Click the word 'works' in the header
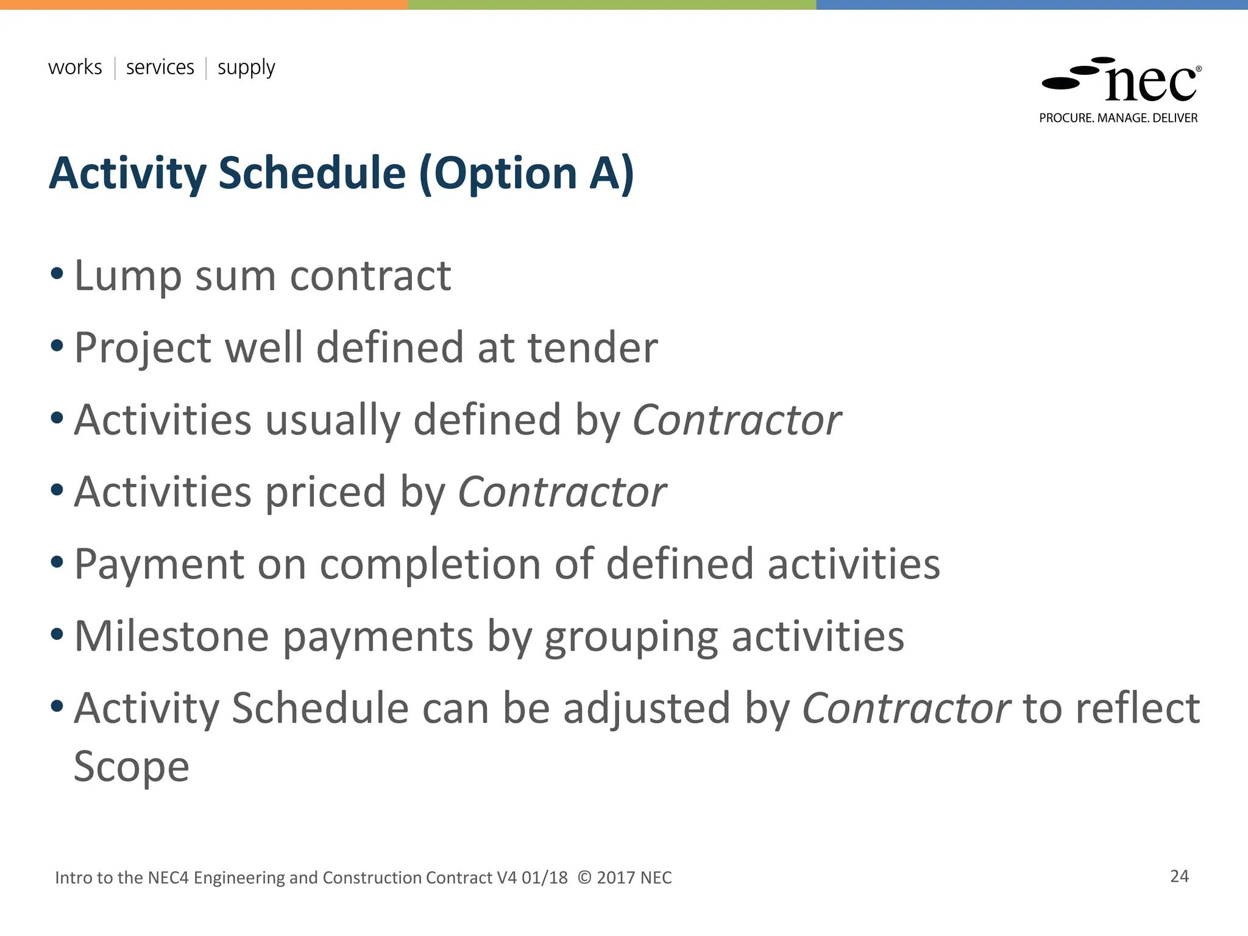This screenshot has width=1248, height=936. pyautogui.click(x=75, y=67)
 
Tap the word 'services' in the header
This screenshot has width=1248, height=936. pyautogui.click(x=160, y=67)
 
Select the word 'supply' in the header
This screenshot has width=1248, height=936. pyautogui.click(x=246, y=68)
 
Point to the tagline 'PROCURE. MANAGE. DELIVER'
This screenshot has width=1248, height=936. pyautogui.click(x=1118, y=118)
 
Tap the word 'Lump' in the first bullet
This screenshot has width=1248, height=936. pyautogui.click(x=127, y=277)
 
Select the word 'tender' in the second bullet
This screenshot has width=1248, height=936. pyautogui.click(x=592, y=348)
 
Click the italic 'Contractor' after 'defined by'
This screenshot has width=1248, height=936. pyautogui.click(x=737, y=420)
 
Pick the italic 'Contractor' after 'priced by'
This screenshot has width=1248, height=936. pyautogui.click(x=562, y=492)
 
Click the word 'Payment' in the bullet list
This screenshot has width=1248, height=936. pyautogui.click(x=159, y=565)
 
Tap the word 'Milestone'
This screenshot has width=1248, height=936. pyautogui.click(x=171, y=637)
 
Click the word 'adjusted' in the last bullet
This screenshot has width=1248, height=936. pyautogui.click(x=647, y=709)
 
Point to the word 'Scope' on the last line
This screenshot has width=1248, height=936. pyautogui.click(x=132, y=767)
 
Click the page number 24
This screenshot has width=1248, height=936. pyautogui.click(x=1179, y=876)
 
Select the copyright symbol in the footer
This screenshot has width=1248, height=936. pyautogui.click(x=584, y=877)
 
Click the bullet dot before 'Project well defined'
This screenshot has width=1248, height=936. pyautogui.click(x=57, y=346)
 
